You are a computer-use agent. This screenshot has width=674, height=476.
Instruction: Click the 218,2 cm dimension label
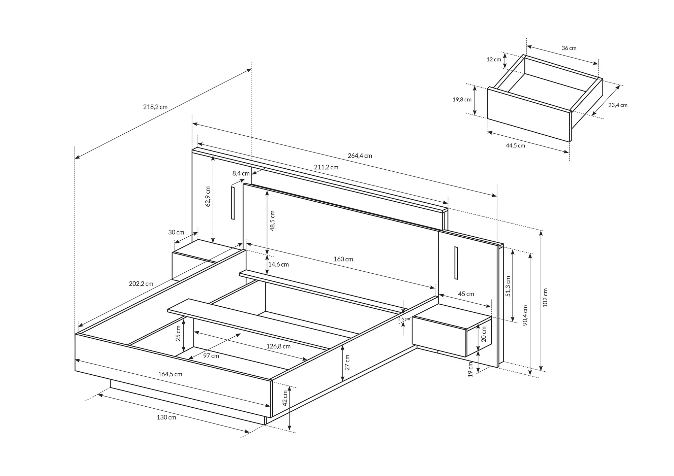click(x=155, y=107)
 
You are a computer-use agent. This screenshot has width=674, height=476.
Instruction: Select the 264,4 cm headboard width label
click(x=360, y=156)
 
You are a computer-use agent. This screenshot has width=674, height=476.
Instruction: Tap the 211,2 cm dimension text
click(x=326, y=167)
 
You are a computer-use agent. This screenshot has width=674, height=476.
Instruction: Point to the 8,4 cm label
click(x=241, y=173)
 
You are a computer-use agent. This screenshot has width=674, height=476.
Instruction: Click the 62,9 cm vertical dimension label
click(x=208, y=196)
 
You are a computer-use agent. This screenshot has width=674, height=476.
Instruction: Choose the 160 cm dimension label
click(x=343, y=259)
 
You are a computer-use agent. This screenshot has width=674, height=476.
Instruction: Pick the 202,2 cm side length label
click(x=141, y=284)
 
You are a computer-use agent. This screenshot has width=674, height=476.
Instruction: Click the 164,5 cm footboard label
click(x=170, y=374)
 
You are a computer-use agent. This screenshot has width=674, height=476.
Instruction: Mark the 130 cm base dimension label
click(x=166, y=417)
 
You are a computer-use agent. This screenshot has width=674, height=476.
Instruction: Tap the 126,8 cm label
click(x=278, y=346)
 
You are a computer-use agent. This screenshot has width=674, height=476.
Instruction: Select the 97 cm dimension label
click(x=211, y=356)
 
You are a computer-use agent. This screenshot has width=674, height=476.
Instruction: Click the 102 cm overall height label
click(x=546, y=298)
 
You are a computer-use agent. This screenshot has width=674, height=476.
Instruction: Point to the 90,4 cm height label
click(x=525, y=315)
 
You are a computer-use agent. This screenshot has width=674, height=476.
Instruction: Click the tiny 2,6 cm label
click(x=404, y=319)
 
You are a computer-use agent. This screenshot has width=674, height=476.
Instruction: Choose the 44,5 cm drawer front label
click(x=515, y=146)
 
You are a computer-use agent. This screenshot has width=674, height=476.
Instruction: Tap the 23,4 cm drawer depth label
click(x=618, y=105)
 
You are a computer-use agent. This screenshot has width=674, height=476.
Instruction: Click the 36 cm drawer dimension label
click(x=569, y=48)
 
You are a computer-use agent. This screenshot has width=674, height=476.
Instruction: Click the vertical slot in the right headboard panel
click(x=456, y=263)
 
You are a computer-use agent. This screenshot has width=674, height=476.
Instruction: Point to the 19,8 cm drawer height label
click(x=462, y=100)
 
